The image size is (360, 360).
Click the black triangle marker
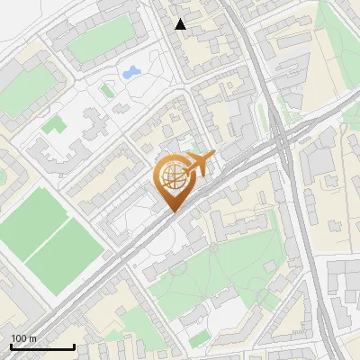(x=180, y=24)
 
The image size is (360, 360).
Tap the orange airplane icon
(x=199, y=164)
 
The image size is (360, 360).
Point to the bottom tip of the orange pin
(x=172, y=213)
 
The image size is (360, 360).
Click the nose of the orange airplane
(x=214, y=156)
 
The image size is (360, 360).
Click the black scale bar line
(x=41, y=346)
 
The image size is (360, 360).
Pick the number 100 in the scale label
(x=19, y=338)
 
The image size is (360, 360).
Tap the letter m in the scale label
(x=32, y=338)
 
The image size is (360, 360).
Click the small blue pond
(x=130, y=71)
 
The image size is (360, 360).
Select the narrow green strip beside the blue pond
(x=108, y=90)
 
